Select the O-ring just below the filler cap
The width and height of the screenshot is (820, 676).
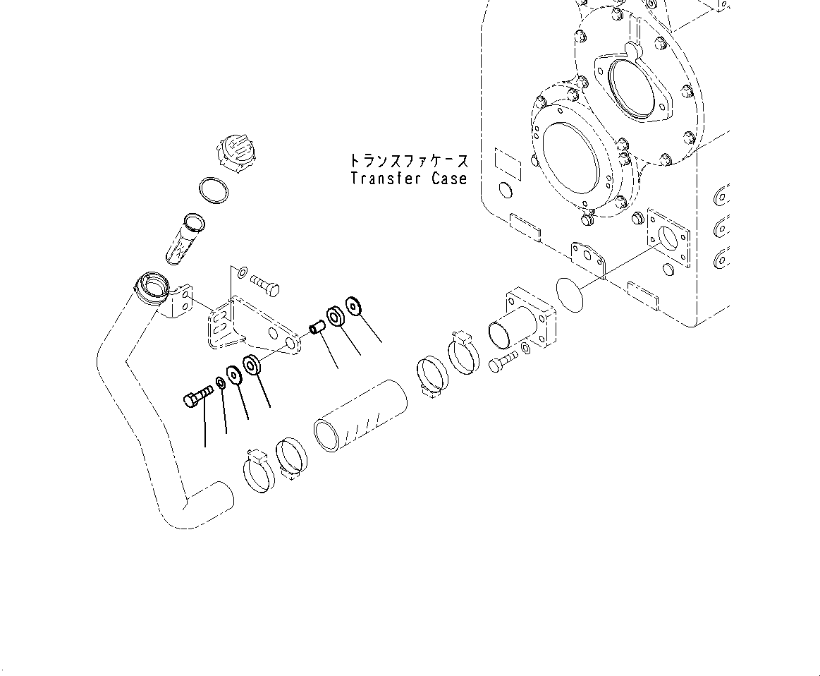[214, 189]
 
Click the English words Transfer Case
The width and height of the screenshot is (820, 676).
[409, 179]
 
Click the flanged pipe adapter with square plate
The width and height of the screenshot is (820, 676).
[522, 323]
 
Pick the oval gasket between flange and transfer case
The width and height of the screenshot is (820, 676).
[570, 294]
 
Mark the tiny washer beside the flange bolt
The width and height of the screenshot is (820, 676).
[527, 349]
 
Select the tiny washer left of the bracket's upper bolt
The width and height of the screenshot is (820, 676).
[242, 271]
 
